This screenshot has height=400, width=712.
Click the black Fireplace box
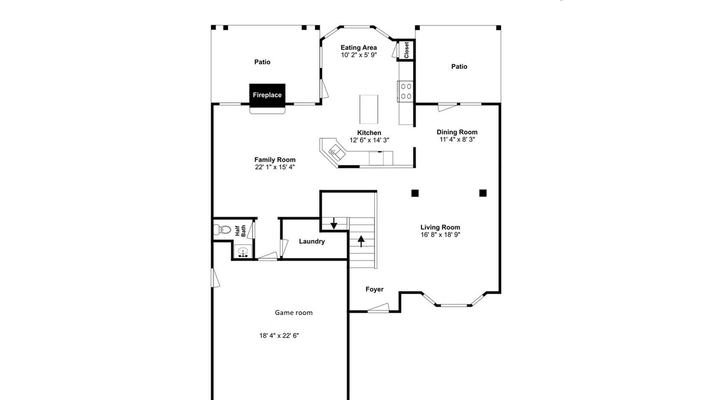coord(267,95)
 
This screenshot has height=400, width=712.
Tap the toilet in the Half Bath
coord(222,229)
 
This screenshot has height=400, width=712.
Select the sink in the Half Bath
coord(243,252)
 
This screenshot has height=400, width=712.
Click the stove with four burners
coord(406,91)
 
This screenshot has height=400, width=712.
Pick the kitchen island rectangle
coord(369,109)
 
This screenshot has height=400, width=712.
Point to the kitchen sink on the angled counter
coord(337,152)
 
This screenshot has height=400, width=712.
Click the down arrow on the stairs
coord(334,223)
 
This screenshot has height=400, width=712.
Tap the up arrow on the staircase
coord(361,241)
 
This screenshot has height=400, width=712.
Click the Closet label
coord(406,50)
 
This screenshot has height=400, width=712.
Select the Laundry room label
coord(312,241)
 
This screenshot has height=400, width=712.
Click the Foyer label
coord(374,289)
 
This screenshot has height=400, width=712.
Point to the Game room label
coord(294,313)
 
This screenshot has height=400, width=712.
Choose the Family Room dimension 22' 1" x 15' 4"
coord(275,167)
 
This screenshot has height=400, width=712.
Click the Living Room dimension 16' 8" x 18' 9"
coord(441,234)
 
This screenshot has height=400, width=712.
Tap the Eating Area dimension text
coord(359,55)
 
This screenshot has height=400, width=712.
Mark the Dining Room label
coord(457,132)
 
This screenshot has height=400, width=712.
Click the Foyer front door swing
coord(378,308)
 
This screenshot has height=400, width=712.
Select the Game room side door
coord(215,278)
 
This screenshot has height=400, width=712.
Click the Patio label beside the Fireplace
coord(262,62)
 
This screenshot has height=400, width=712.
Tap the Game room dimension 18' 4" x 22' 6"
coord(279,336)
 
